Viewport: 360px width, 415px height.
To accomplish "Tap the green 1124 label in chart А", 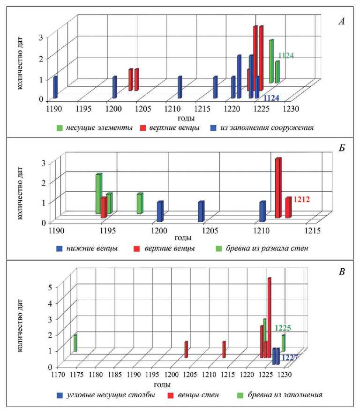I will click(x=286, y=55).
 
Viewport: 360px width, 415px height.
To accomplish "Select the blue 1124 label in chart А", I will click(x=271, y=98).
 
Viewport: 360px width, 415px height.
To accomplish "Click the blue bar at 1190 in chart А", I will click(x=55, y=87).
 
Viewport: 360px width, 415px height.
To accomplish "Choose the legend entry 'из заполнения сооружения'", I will click(x=267, y=127).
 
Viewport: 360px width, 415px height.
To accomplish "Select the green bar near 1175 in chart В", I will click(x=75, y=343).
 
